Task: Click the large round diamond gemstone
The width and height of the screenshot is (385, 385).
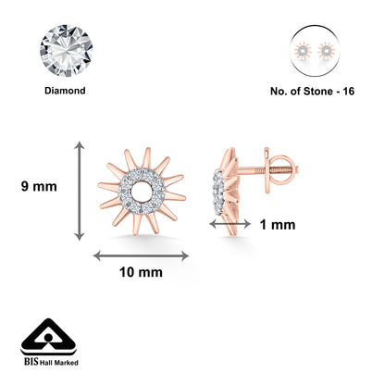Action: click(x=67, y=51)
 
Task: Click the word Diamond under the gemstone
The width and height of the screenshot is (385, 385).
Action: click(x=65, y=91)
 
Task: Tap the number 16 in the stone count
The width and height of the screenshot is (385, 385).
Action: click(x=348, y=92)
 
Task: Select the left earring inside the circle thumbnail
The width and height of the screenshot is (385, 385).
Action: click(x=302, y=51)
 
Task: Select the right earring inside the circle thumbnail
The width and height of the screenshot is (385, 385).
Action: click(x=326, y=51)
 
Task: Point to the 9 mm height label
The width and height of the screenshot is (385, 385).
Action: click(x=39, y=187)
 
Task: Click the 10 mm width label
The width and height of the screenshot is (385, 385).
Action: click(x=141, y=272)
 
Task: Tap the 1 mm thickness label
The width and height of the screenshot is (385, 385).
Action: click(x=278, y=225)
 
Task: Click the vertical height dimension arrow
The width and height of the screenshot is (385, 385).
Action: click(x=80, y=191)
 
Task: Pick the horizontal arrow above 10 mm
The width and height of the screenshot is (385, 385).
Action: click(x=141, y=255)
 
